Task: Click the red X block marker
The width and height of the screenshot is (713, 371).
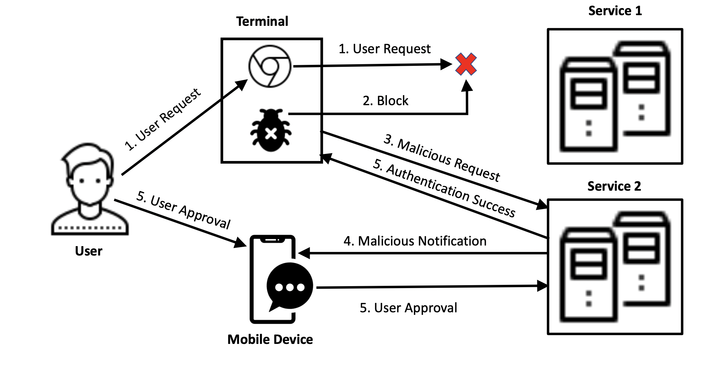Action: point(466,64)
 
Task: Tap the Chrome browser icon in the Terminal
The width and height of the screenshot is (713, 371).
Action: point(270,66)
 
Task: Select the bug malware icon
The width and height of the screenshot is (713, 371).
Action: point(271,130)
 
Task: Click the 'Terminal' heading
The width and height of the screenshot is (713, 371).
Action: point(262,22)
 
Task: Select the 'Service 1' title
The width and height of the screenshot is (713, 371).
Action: point(615,11)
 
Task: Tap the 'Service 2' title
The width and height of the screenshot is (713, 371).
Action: point(614,186)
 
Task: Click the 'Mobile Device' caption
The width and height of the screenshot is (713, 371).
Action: point(270,339)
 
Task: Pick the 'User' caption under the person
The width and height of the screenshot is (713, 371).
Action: point(89,251)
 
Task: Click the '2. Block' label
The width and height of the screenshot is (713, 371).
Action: point(386,101)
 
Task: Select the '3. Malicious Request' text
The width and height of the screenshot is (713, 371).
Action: point(442,158)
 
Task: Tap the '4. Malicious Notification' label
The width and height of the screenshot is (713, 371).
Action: point(415,241)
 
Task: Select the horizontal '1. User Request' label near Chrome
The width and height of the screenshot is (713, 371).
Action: point(384,49)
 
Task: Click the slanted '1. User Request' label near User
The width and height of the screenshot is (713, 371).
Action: point(163,119)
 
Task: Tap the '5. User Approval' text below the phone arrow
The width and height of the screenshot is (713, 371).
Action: point(408,308)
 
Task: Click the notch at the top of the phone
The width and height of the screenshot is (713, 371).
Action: point(272,240)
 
